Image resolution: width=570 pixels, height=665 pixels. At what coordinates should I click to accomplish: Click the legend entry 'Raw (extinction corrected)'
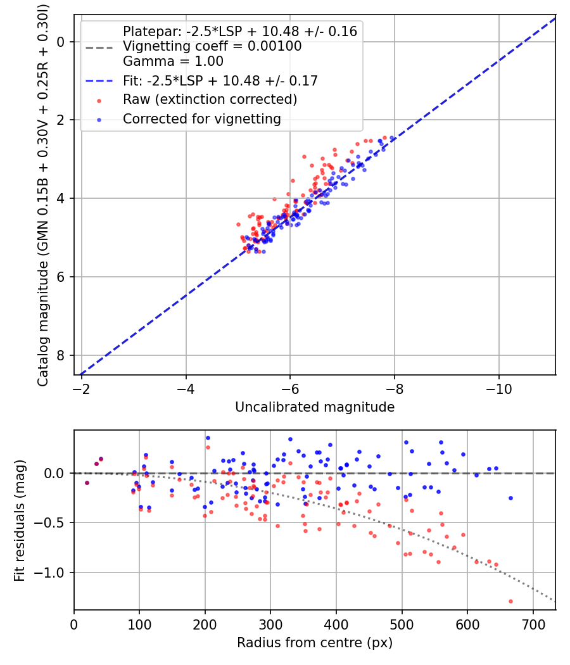210,99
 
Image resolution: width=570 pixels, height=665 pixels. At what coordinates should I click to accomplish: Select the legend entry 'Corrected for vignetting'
201,118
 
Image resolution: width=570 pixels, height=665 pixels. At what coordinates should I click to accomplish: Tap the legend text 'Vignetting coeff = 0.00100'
212,46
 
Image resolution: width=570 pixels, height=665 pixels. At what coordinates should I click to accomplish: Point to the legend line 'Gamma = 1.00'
173,61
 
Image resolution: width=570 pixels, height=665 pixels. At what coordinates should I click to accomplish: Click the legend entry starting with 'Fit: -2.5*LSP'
220,80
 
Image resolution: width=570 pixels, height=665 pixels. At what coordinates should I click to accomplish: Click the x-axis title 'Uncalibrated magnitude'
315,407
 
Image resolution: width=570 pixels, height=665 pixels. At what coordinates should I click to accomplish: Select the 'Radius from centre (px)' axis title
315,643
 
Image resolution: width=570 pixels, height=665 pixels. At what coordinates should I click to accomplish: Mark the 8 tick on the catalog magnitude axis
61,355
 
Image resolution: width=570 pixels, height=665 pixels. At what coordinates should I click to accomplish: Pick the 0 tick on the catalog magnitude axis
61,42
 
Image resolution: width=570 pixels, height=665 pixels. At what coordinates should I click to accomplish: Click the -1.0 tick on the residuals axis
53,573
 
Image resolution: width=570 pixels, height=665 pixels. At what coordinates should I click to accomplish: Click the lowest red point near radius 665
510,601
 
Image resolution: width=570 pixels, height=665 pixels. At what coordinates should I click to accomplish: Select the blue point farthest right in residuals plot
510,498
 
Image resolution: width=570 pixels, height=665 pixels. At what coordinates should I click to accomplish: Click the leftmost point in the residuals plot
87,483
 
